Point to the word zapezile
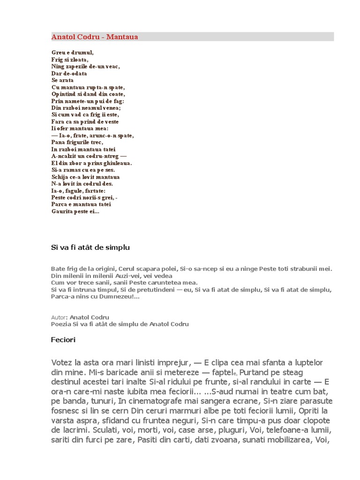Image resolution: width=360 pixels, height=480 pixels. [79, 67]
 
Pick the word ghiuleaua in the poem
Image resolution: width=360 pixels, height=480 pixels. [117, 163]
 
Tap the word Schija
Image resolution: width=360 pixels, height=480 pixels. [60, 177]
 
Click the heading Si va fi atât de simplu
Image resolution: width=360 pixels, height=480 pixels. [90, 247]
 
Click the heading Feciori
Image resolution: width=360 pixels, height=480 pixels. [63, 340]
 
